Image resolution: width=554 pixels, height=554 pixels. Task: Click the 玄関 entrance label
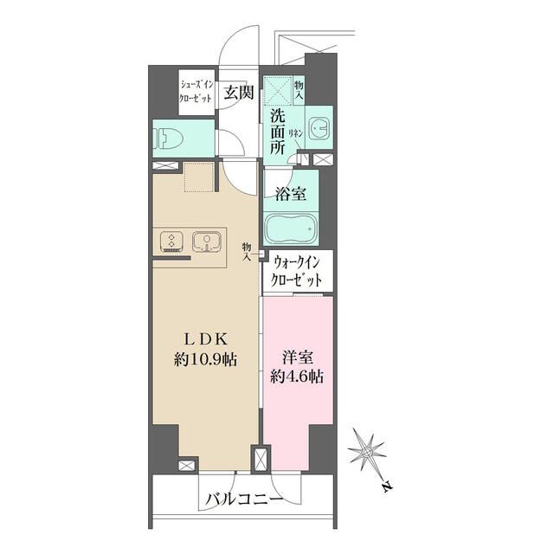click(238, 93)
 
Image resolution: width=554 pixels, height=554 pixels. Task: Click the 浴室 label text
click(289, 194)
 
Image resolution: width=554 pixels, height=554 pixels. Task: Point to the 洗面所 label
click(277, 132)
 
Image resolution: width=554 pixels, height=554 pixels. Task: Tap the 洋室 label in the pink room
click(296, 357)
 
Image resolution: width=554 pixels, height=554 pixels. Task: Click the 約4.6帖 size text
click(296, 377)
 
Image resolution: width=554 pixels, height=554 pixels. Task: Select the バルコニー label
click(244, 499)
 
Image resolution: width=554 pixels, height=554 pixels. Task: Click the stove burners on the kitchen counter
click(171, 242)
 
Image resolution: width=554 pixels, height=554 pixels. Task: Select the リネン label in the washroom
click(295, 133)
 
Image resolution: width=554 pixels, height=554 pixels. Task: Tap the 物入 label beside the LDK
click(247, 251)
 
